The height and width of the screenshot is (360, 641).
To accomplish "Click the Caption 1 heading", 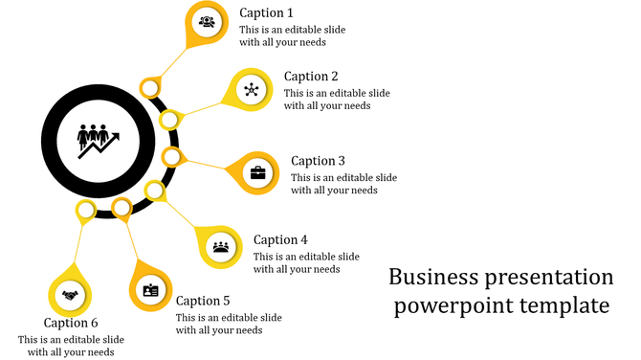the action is click(x=266, y=13).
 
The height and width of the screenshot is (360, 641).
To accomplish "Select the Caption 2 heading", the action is click(x=311, y=77).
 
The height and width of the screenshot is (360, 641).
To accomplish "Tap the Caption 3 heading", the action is click(x=318, y=161).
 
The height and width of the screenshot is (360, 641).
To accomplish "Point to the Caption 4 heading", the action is click(x=280, y=240).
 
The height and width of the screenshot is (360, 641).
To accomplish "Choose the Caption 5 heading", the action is click(x=203, y=301).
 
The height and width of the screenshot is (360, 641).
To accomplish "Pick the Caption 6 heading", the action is click(x=71, y=323).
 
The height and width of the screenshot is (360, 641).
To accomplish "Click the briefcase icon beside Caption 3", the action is click(x=258, y=173).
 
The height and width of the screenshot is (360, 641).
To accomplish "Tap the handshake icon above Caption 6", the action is click(x=70, y=295).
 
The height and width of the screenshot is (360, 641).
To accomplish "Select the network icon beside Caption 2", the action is click(x=252, y=91).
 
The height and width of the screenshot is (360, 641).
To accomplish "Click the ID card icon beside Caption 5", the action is click(x=150, y=290).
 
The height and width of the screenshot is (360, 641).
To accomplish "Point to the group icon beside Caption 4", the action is click(x=221, y=245).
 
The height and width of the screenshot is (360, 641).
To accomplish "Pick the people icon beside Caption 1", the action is click(x=207, y=21).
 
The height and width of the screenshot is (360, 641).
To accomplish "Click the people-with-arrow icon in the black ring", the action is click(x=99, y=140).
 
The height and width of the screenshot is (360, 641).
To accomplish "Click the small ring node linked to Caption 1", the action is click(x=149, y=89).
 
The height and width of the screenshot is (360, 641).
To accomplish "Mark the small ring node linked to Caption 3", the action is click(x=172, y=156).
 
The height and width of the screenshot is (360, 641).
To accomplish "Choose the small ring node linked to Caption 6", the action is click(x=86, y=210).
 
